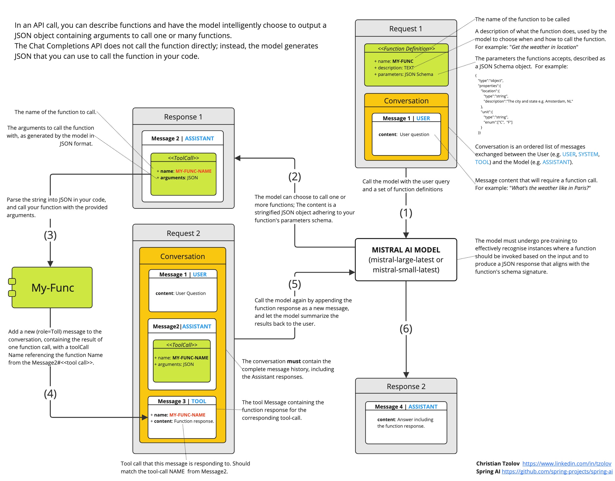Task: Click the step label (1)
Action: point(406,213)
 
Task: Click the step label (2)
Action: point(294,177)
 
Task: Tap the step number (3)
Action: point(50,235)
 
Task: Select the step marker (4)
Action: point(50,394)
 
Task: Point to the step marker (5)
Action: point(294,284)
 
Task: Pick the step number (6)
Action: point(406,329)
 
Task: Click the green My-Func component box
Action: point(52,288)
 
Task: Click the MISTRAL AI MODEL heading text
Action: point(406,250)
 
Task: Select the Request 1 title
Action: point(405,29)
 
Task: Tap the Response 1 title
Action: point(183,117)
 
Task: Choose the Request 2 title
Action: point(183,233)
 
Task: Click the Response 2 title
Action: point(406,387)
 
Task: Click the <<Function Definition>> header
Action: point(406,49)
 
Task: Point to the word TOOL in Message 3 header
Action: point(198,401)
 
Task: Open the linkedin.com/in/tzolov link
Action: point(567,464)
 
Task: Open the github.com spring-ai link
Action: point(557,471)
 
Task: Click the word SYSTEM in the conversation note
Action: point(588,155)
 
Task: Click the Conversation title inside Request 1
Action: point(406,101)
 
